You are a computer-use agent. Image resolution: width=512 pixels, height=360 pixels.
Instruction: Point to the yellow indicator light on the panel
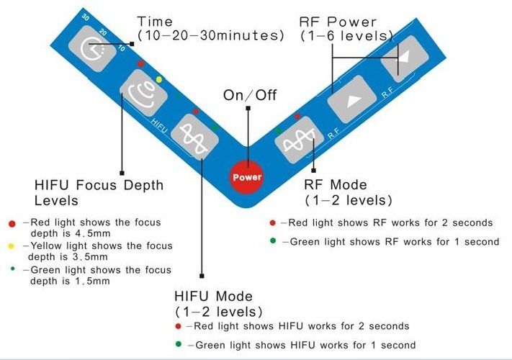(159, 79)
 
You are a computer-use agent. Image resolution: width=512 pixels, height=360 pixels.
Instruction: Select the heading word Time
(154, 22)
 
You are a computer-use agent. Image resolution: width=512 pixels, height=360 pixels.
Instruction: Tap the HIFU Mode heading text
(213, 297)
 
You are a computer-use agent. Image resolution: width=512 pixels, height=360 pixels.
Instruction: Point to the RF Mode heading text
(336, 185)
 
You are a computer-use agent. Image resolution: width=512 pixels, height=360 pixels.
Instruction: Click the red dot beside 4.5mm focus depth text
(12, 224)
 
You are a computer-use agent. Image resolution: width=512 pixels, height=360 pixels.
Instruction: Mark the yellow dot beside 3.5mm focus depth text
(12, 246)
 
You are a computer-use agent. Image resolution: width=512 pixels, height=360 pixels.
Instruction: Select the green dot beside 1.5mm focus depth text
(12, 269)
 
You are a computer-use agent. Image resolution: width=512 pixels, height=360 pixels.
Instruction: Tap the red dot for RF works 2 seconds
(272, 222)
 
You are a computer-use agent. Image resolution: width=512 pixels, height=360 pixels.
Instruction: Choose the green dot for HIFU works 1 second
(178, 344)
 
